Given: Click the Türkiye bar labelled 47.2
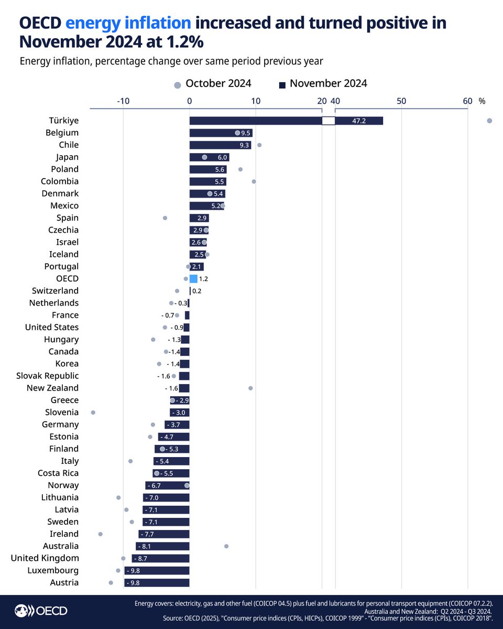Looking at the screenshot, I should point(358,121).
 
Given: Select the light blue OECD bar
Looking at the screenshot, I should point(193,279).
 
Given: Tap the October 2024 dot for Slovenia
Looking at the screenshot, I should point(93,413).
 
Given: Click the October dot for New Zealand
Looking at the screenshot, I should point(250,388).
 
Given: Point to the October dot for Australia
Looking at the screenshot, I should point(226,546).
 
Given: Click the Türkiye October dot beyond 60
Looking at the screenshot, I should point(489,121).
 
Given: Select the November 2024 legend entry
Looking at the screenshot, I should point(323,83).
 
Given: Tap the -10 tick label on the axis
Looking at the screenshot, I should point(123,101).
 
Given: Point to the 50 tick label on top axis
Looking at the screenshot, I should point(401,101).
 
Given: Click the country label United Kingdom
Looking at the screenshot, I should point(45,558).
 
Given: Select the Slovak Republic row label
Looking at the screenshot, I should point(48,376).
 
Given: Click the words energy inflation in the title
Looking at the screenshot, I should point(128,23).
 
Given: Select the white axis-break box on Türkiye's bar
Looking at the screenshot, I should point(329,121).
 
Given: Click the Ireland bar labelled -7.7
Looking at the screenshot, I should point(163,534).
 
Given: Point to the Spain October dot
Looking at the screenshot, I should point(165,218).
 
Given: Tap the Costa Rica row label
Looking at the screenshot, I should point(58,473).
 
